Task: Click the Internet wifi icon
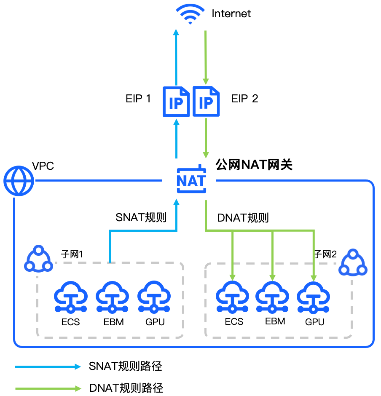point(190,14)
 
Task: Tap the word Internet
point(231,13)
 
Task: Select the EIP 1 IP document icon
point(176,102)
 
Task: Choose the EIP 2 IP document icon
point(206,101)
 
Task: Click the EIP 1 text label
point(138,99)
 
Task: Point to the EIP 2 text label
point(244,99)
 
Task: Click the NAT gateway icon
point(191,179)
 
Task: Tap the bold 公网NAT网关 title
point(254,165)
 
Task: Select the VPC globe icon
point(19,181)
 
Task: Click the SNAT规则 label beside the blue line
point(141,217)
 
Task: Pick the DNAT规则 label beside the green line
point(243,218)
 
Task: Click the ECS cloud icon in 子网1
point(71,297)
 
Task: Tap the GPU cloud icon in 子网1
point(154,297)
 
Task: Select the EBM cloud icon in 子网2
point(272,297)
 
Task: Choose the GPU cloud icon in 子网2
point(313,297)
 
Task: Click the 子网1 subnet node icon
point(38,259)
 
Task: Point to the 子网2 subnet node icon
point(353,262)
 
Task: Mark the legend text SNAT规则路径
point(125,366)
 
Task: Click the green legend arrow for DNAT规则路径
point(48,388)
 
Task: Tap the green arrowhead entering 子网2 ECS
point(233,277)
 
